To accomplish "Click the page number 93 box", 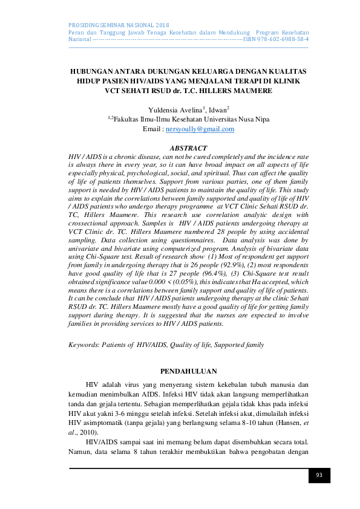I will click(x=319, y=475).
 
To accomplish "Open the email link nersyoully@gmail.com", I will click(x=200, y=129).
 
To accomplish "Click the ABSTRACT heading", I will click(x=188, y=148).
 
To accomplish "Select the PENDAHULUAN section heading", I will click(x=188, y=371).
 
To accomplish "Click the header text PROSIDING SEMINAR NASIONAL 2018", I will click(x=119, y=23).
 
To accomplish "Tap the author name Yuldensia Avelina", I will click(x=174, y=109).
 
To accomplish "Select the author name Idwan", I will click(x=217, y=109).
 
